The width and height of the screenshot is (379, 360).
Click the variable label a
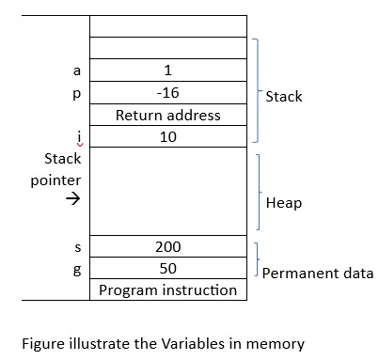click(78, 70)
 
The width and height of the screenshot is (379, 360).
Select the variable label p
click(78, 94)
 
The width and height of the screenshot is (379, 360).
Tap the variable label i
click(78, 137)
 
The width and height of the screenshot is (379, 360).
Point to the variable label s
click(78, 247)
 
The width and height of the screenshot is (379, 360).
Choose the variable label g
click(78, 269)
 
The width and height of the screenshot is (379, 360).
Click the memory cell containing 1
click(167, 70)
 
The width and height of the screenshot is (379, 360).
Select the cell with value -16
click(167, 93)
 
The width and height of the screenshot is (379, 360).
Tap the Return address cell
click(167, 116)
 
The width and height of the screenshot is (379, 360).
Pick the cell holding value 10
click(167, 137)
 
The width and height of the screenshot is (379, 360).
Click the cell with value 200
click(167, 247)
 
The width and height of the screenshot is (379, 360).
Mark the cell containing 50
click(167, 269)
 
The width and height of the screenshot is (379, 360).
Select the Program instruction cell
click(167, 290)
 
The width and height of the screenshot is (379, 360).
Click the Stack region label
click(284, 96)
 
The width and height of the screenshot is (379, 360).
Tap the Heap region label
click(283, 203)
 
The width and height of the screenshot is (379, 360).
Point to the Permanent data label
click(317, 274)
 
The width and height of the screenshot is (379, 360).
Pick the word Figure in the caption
click(42, 343)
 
